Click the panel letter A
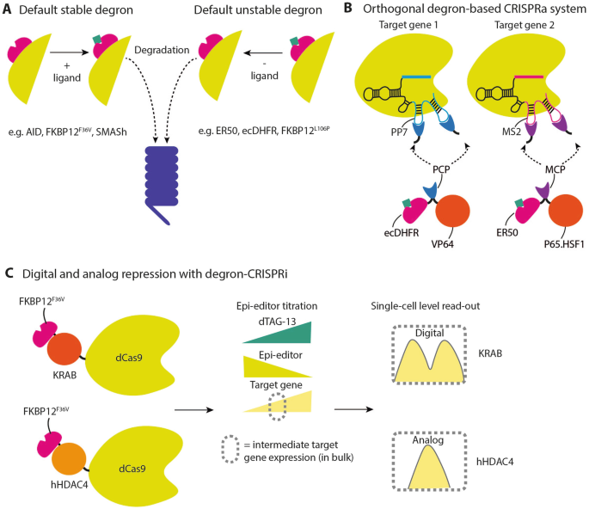[x=9, y=9]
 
